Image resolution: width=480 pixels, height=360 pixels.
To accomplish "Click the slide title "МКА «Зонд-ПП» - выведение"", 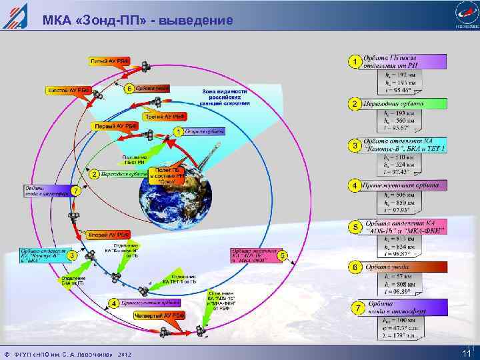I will point(138,21).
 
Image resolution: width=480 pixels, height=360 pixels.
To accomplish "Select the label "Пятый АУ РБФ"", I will point(110,61).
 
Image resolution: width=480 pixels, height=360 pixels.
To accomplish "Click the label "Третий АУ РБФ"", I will point(165,115).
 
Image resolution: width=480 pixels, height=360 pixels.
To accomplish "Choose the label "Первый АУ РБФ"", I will point(114,125).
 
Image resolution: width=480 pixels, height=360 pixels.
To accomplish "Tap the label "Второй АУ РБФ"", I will point(109,235).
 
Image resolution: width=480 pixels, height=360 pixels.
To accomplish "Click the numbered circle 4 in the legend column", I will point(355,184).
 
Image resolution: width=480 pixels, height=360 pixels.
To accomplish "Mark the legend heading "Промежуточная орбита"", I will point(404,184).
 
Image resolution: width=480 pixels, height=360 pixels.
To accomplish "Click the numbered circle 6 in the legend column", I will point(355,267).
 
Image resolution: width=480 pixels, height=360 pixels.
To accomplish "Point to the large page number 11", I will point(464,351).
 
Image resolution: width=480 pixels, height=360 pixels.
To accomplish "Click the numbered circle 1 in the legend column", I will point(355,63).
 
